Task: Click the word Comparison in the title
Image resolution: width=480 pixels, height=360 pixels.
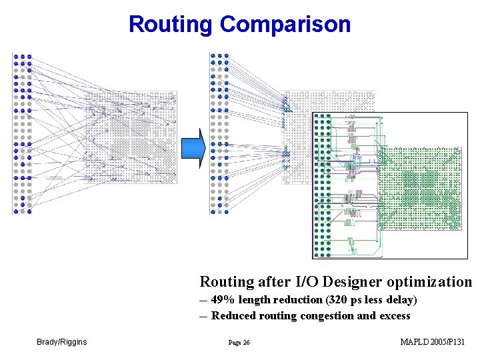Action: (285, 25)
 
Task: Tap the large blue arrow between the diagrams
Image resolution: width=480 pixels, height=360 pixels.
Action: (192, 147)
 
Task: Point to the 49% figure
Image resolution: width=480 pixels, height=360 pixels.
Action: (223, 300)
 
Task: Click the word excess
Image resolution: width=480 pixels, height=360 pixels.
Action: (395, 316)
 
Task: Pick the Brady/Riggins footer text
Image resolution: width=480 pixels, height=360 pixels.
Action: (62, 342)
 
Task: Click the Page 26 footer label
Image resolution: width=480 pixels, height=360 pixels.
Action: (239, 343)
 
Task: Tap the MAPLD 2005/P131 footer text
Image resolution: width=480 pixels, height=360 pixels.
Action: (432, 342)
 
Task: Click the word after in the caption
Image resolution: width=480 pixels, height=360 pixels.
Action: (274, 282)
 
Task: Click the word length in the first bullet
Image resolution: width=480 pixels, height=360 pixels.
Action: (255, 300)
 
